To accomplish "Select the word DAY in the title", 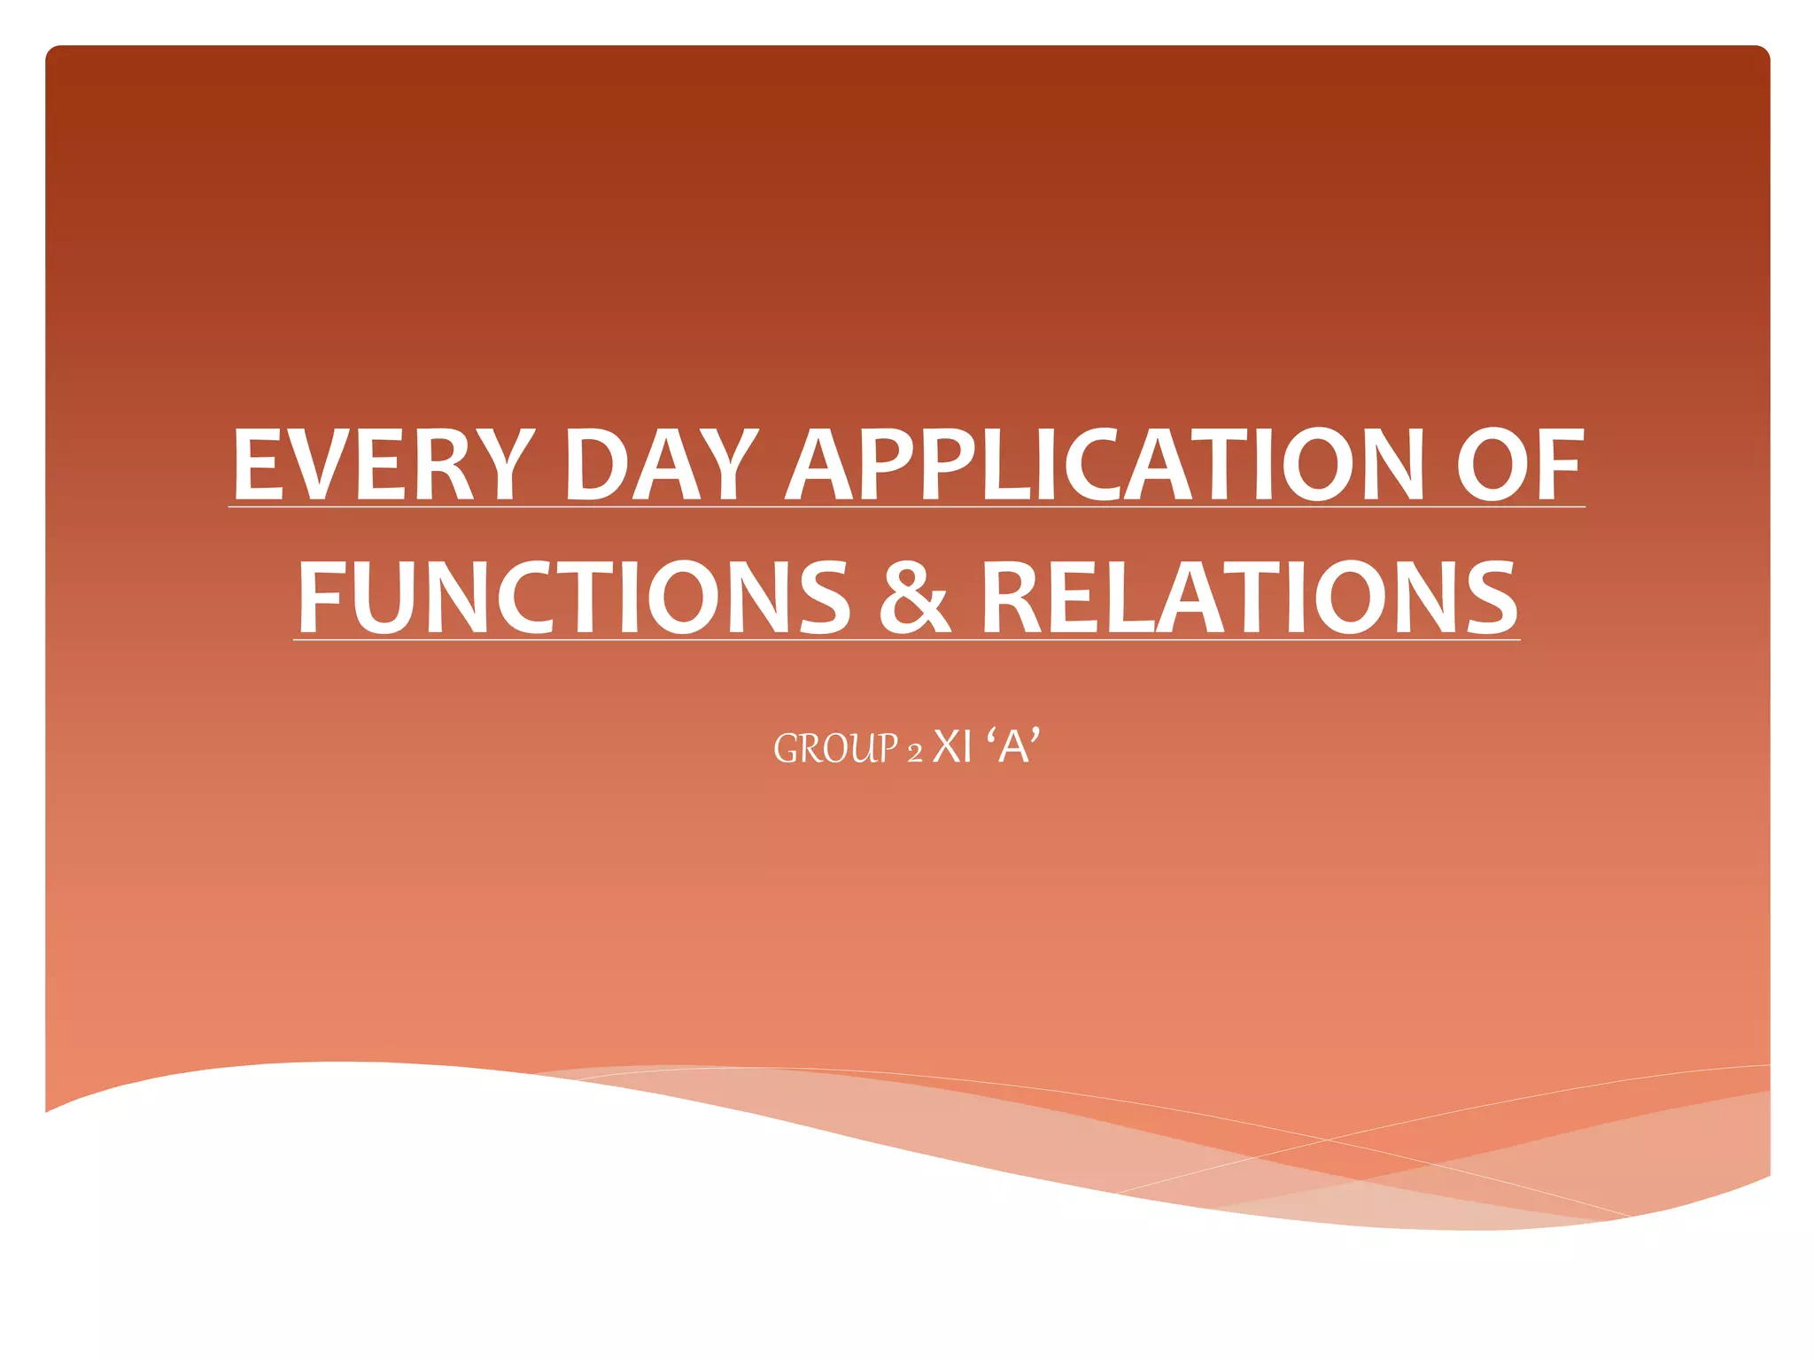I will [x=661, y=464].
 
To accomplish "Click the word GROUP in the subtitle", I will [x=836, y=748].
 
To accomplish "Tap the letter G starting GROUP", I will [x=786, y=748].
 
